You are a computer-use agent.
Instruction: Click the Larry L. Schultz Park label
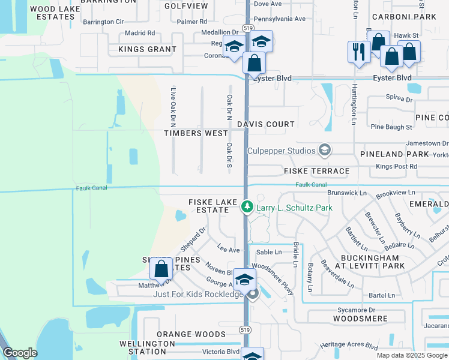(x=294, y=208)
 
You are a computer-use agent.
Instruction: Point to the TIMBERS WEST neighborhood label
(x=196, y=133)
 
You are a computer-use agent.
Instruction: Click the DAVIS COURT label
(x=265, y=124)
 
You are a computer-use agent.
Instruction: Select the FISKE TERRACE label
(x=316, y=171)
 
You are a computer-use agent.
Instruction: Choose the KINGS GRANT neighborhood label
(x=148, y=49)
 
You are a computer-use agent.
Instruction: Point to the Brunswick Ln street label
(x=347, y=193)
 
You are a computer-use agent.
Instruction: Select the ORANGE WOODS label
(x=191, y=334)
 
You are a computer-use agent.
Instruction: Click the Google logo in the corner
(x=20, y=353)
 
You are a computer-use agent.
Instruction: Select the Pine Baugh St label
(x=391, y=127)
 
